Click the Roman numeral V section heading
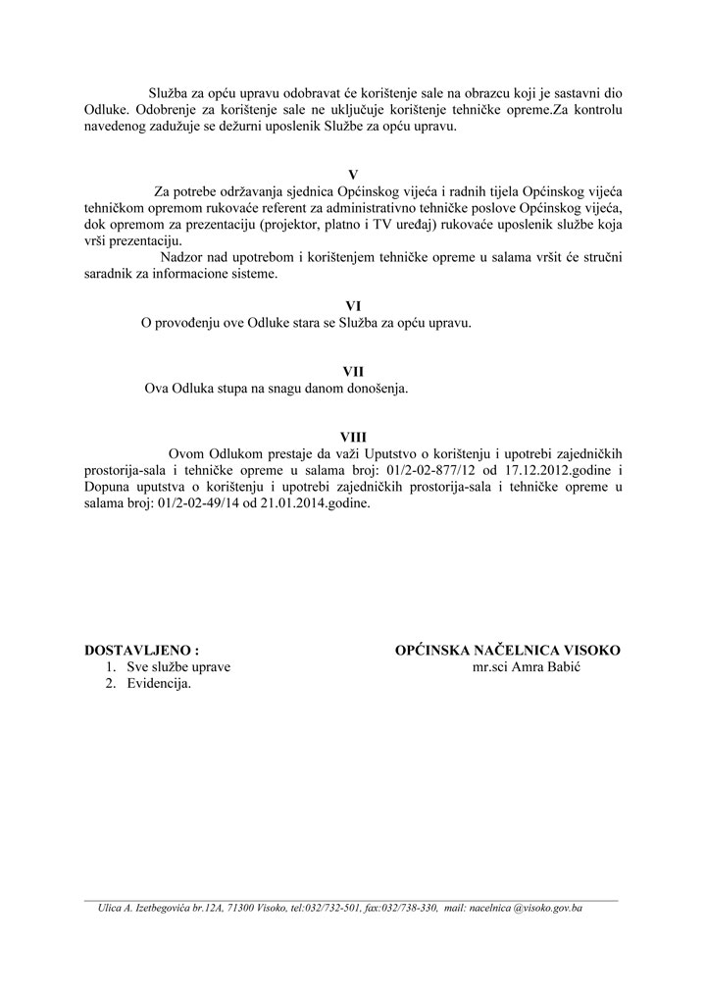point(353,175)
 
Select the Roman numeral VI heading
point(353,306)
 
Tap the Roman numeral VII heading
point(353,371)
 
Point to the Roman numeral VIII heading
point(353,436)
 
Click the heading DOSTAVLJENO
point(142,650)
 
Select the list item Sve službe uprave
point(178,667)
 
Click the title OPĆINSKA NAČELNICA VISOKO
point(507,650)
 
